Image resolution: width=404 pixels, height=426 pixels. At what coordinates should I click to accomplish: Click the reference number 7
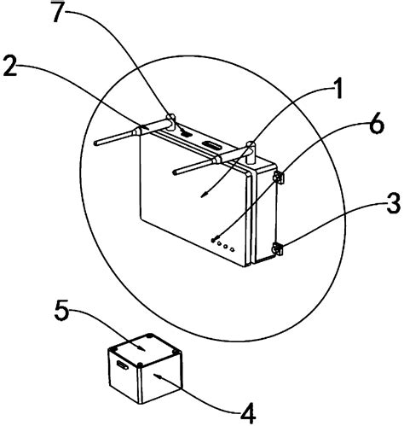pos(61,12)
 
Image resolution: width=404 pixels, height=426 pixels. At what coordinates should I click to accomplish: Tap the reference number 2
pos(9,66)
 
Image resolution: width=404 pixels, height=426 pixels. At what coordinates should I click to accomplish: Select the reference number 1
pos(338,89)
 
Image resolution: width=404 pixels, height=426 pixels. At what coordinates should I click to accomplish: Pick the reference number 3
pos(394,203)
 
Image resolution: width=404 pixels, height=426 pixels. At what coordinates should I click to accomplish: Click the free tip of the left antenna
pos(95,143)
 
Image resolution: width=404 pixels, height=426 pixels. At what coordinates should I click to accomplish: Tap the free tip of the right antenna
pos(175,172)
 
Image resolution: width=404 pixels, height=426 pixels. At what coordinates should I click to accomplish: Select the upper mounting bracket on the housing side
pos(279,178)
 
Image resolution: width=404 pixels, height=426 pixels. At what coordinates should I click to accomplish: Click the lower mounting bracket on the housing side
pos(278,248)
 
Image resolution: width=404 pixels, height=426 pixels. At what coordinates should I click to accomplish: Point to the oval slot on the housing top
pos(211,145)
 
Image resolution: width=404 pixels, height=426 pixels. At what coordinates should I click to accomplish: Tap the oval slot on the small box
pos(123,365)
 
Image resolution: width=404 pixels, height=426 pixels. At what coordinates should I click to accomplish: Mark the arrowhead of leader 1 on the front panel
pos(203,195)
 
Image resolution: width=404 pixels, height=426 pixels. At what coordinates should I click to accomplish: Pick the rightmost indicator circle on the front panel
pos(233,249)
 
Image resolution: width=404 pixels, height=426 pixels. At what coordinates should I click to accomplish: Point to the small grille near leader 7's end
pos(186,132)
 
